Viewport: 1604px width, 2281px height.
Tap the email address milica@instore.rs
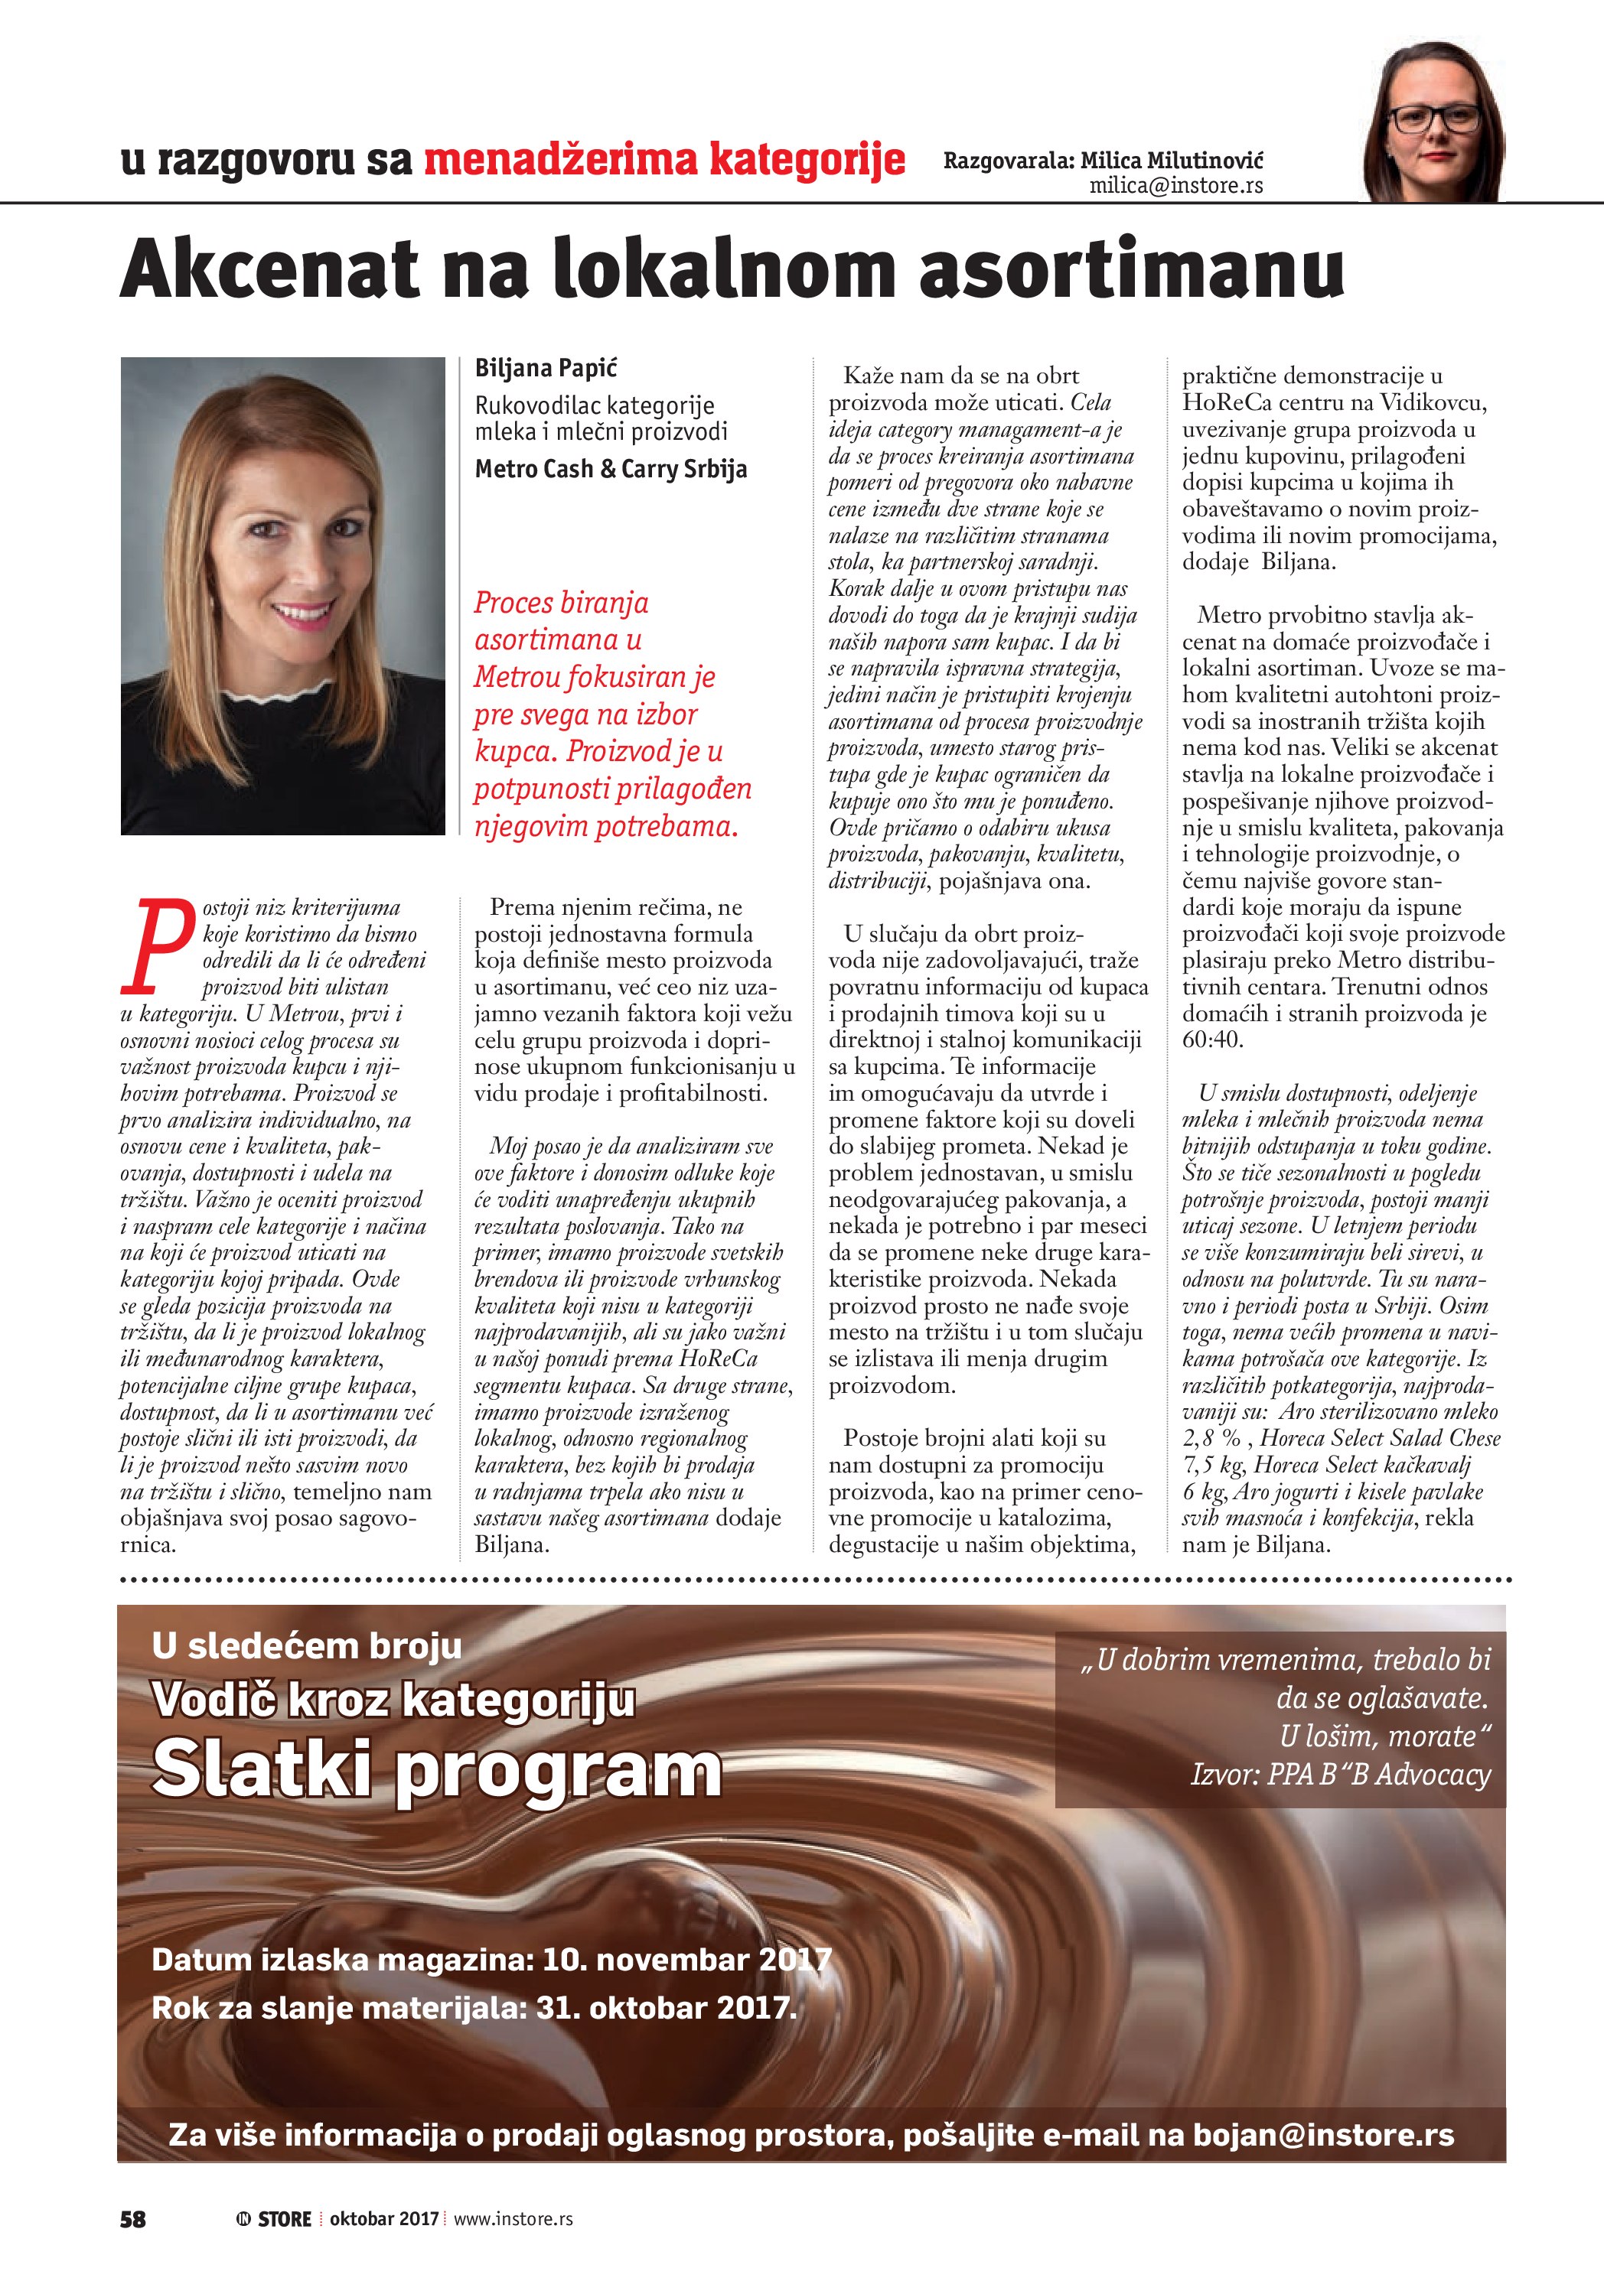(1175, 186)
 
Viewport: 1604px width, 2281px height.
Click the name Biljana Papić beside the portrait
(546, 369)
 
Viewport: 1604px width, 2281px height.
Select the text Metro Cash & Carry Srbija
(610, 469)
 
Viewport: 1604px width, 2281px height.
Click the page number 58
(132, 2219)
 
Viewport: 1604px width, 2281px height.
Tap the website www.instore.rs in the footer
(513, 2219)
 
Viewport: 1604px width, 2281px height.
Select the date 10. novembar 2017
(686, 1960)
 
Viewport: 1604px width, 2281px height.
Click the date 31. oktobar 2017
(666, 2008)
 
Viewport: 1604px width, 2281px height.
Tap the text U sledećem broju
(307, 1646)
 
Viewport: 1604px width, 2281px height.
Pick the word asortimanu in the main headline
(1132, 268)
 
